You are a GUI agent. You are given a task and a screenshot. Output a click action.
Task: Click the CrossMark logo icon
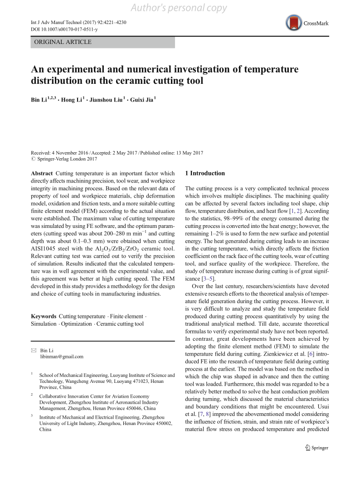[x=293, y=23]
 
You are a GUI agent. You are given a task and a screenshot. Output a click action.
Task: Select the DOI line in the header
[x=64, y=29]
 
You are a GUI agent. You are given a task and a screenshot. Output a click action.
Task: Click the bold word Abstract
[x=43, y=174]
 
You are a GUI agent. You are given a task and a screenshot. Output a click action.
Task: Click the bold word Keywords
[x=44, y=316]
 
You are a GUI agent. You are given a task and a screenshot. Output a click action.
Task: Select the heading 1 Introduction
[x=205, y=173]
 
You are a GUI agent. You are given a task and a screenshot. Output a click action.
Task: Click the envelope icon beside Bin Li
[x=33, y=350]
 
